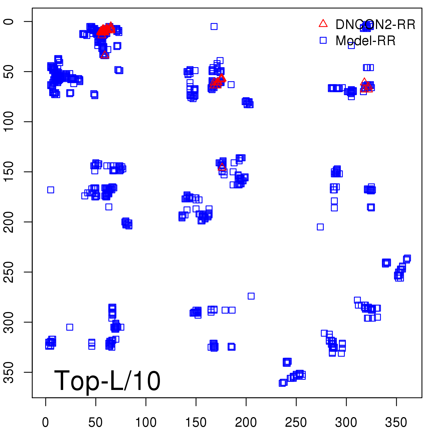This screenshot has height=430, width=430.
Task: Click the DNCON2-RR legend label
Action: tap(375, 25)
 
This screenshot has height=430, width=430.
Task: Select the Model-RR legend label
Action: tap(365, 41)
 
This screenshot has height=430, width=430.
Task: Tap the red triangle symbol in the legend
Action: tap(323, 24)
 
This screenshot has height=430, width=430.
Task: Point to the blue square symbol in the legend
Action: tap(323, 40)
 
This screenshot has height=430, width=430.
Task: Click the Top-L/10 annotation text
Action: tap(107, 381)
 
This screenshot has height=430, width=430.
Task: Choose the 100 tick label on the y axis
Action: tap(9, 121)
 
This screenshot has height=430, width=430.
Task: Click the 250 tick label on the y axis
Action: tap(9, 272)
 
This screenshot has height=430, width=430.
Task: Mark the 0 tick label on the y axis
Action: tap(9, 21)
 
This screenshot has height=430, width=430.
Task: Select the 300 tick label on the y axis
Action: tap(9, 322)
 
